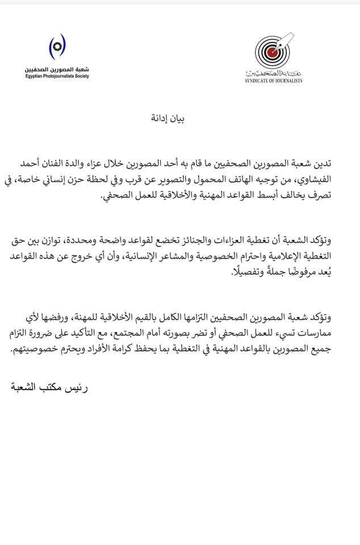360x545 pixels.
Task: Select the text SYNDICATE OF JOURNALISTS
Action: click(274, 81)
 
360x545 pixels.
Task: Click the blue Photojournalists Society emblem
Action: click(57, 47)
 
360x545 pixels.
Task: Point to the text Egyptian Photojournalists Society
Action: click(57, 76)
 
